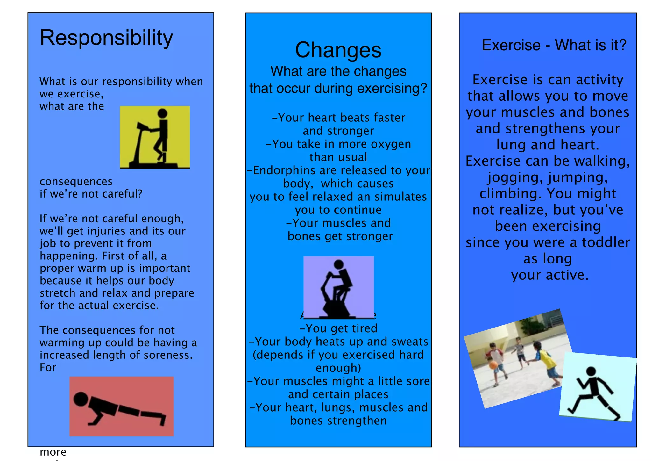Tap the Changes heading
tap(338, 50)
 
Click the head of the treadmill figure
tap(162, 113)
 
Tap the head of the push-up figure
tap(81, 399)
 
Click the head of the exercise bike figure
tap(338, 264)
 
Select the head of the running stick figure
tap(591, 371)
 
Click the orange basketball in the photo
tap(493, 365)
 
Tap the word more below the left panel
tap(53, 452)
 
